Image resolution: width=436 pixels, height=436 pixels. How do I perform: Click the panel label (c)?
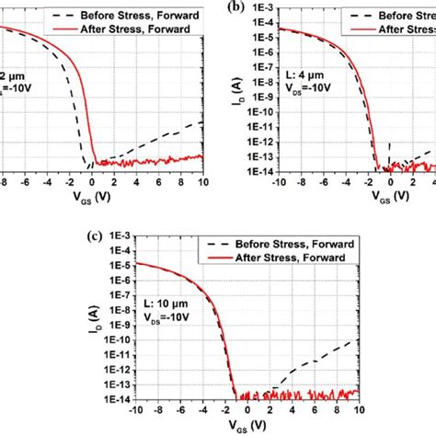click(83, 235)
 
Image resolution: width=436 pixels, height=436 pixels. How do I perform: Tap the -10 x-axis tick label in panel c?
click(134, 410)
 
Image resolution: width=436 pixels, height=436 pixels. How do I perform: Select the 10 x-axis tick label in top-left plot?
click(203, 182)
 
